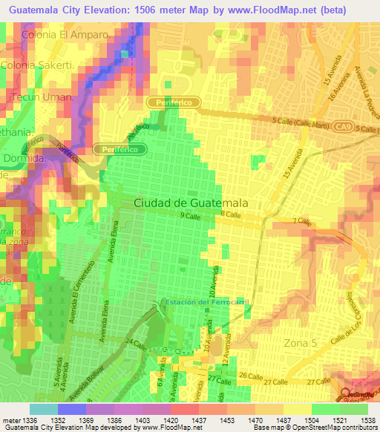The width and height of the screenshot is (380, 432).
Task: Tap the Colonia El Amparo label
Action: [x=68, y=35]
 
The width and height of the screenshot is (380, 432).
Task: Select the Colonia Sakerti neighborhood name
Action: [x=48, y=65]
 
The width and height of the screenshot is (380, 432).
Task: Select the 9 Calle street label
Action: [x=191, y=216]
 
